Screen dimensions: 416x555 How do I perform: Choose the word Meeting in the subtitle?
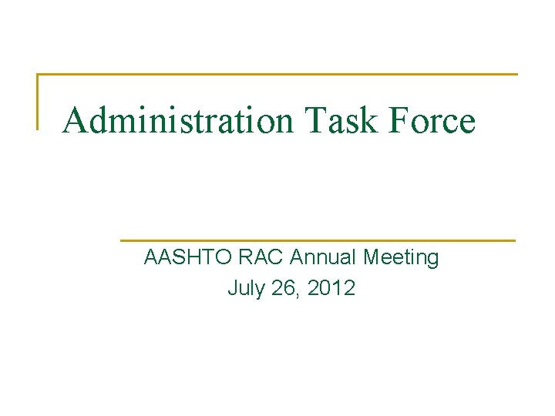(401, 257)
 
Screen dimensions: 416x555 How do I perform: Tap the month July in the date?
(244, 289)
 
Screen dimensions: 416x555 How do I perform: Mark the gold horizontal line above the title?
(277, 75)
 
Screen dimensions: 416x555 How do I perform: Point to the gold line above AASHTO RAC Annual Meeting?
(318, 240)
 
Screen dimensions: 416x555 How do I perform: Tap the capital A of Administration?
(74, 120)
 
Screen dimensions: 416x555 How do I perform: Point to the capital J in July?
(232, 289)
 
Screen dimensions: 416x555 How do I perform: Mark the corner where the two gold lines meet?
(38, 75)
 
